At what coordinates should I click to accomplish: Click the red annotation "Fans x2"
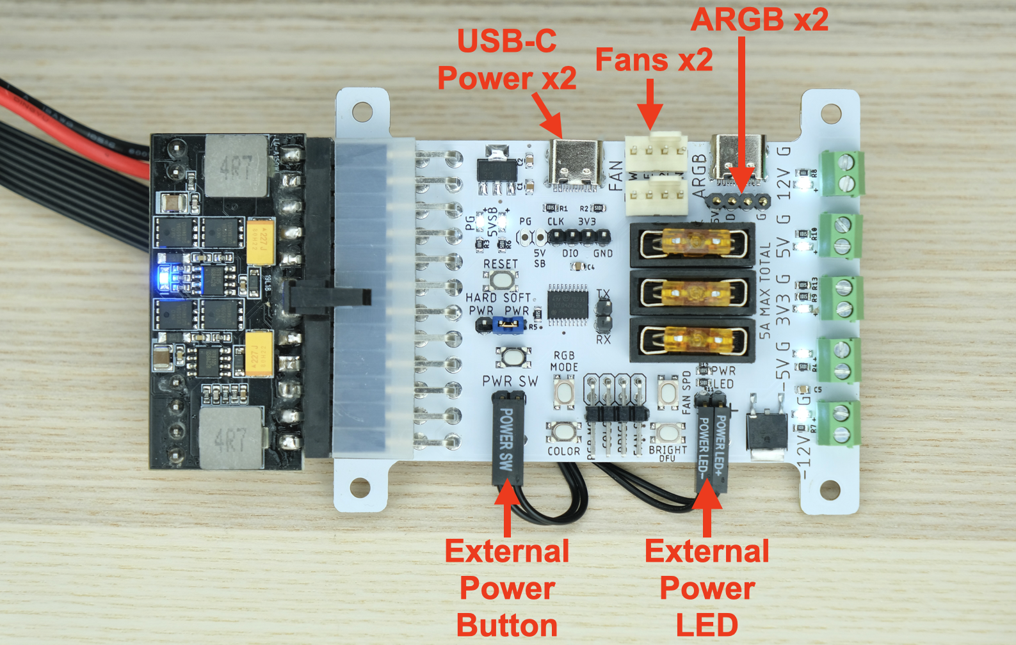point(654,60)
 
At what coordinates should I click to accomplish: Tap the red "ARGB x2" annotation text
point(759,19)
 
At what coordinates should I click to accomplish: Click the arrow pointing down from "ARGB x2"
point(741,115)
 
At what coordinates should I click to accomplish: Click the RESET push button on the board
point(501,280)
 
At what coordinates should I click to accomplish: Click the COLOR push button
point(563,433)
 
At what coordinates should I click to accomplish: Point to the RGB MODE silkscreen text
point(564,361)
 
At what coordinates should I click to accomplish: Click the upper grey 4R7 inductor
point(235,166)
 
